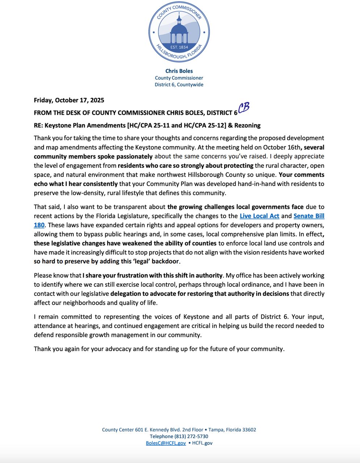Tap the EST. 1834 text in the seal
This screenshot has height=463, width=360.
pyautogui.click(x=179, y=47)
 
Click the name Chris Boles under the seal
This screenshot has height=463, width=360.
pyautogui.click(x=179, y=71)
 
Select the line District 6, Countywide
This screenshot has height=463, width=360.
pyautogui.click(x=179, y=85)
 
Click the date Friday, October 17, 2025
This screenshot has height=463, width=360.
pyautogui.click(x=69, y=100)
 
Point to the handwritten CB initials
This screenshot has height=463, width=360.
pyautogui.click(x=244, y=108)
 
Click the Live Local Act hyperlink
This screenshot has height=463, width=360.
pyautogui.click(x=259, y=216)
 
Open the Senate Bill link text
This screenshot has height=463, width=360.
pyautogui.click(x=309, y=216)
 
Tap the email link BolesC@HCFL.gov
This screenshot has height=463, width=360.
pyautogui.click(x=166, y=443)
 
